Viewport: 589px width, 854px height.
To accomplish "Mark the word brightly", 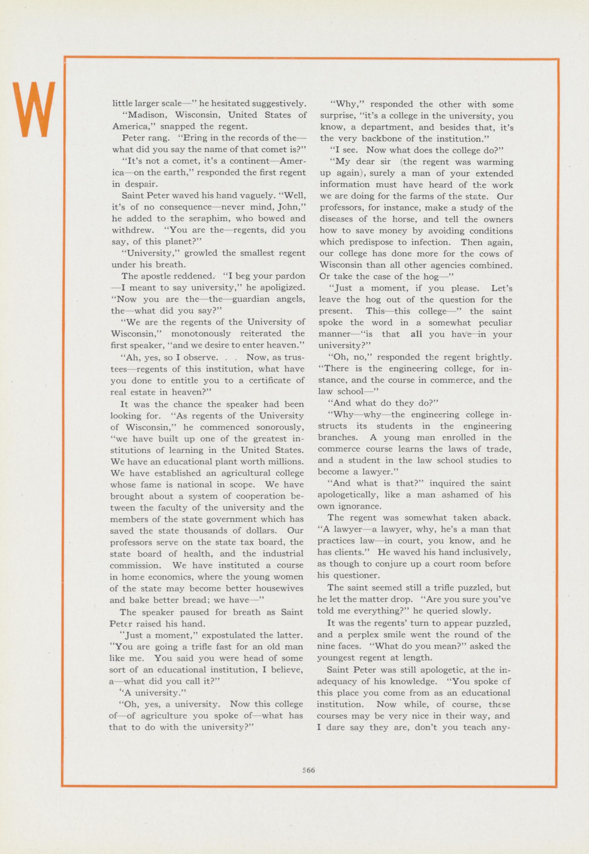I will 494,357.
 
